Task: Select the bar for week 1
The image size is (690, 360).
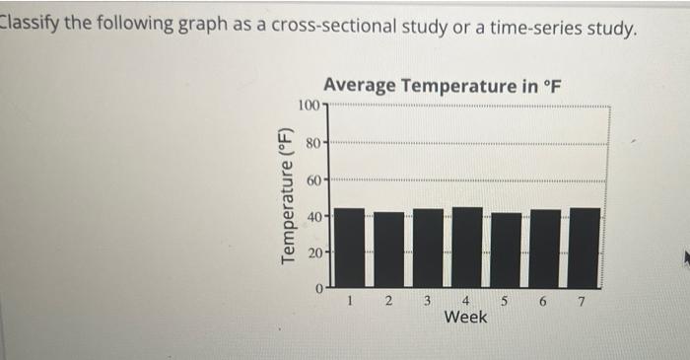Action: point(349,249)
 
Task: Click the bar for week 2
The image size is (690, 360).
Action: point(388,251)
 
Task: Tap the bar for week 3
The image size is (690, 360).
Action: point(428,249)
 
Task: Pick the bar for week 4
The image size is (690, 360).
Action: point(466,248)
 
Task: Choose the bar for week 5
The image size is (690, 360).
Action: point(506,251)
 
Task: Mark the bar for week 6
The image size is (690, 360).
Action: point(545,249)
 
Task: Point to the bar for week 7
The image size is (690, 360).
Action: point(584,248)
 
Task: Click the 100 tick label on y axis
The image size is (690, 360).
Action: point(308,106)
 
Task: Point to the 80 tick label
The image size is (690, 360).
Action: point(312,143)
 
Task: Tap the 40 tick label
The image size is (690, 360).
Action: point(312,216)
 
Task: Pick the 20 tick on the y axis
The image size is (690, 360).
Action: point(312,252)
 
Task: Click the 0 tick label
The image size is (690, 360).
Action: point(317,289)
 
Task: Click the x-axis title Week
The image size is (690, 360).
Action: point(465,318)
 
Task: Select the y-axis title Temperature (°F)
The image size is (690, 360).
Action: point(288,195)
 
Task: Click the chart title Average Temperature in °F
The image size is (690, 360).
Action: point(442,85)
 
